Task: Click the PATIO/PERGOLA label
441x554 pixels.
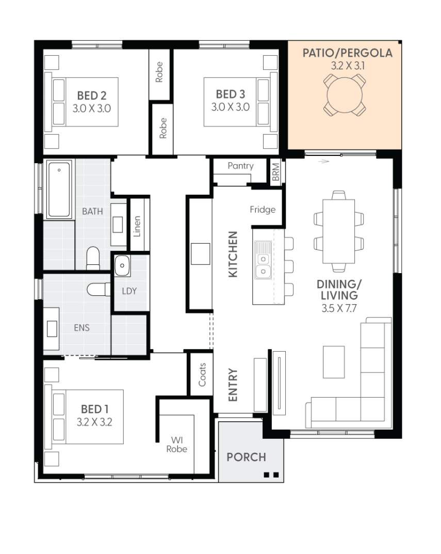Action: [348, 53]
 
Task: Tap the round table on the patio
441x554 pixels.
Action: [345, 94]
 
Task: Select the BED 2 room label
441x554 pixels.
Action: [91, 96]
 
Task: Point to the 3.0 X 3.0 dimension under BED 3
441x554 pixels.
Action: [230, 107]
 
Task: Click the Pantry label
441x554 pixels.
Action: [240, 166]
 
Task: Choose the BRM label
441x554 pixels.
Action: [276, 172]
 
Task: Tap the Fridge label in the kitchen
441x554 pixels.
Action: [263, 210]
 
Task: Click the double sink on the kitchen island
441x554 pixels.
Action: [264, 265]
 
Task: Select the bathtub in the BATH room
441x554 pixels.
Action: [59, 189]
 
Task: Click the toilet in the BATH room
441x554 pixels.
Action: [93, 258]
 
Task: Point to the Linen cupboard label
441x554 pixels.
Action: [137, 226]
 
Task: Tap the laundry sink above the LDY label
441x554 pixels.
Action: [122, 265]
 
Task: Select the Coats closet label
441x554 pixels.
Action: [202, 374]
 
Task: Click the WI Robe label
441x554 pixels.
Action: [176, 445]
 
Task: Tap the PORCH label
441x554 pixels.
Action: [246, 457]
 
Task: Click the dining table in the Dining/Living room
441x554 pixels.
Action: [338, 231]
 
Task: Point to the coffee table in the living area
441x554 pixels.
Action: [334, 362]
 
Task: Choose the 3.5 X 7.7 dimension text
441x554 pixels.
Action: [339, 308]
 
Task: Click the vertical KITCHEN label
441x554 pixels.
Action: [233, 254]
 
